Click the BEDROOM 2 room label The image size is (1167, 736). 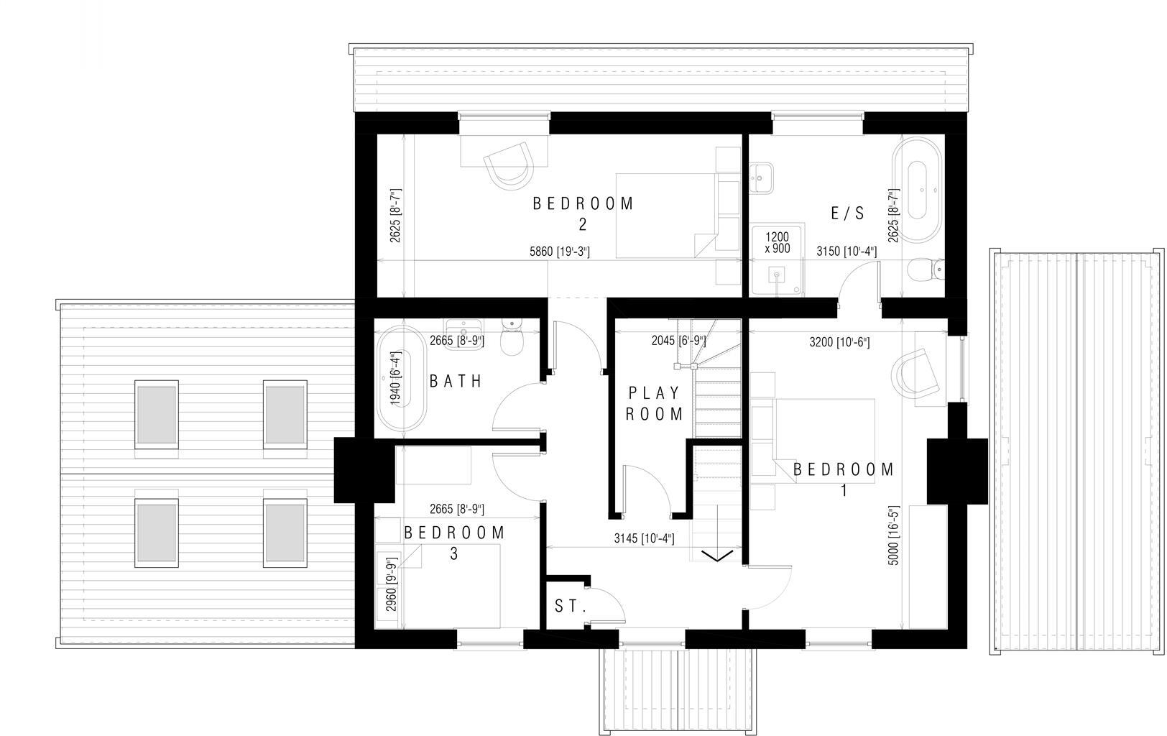pyautogui.click(x=583, y=213)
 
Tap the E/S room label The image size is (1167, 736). pyautogui.click(x=847, y=213)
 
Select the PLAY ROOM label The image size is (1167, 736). pyautogui.click(x=654, y=403)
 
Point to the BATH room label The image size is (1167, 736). pyautogui.click(x=456, y=381)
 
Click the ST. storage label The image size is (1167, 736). pyautogui.click(x=571, y=607)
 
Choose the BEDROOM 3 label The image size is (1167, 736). pyautogui.click(x=454, y=543)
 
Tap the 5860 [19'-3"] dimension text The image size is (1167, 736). pyautogui.click(x=559, y=252)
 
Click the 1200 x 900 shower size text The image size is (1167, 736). pyautogui.click(x=777, y=243)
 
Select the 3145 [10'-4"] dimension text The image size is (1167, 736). pyautogui.click(x=644, y=538)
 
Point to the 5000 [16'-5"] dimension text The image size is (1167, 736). pyautogui.click(x=894, y=535)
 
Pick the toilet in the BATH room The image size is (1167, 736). pyautogui.click(x=512, y=340)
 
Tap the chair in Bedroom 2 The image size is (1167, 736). pyautogui.click(x=509, y=164)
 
